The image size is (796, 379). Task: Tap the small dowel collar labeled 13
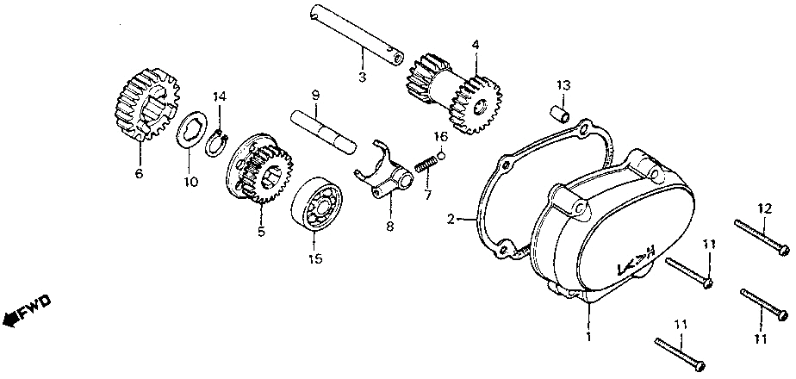[557, 113]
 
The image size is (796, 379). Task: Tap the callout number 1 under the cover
[588, 337]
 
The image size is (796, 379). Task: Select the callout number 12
[762, 207]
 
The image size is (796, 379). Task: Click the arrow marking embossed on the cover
[636, 262]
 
